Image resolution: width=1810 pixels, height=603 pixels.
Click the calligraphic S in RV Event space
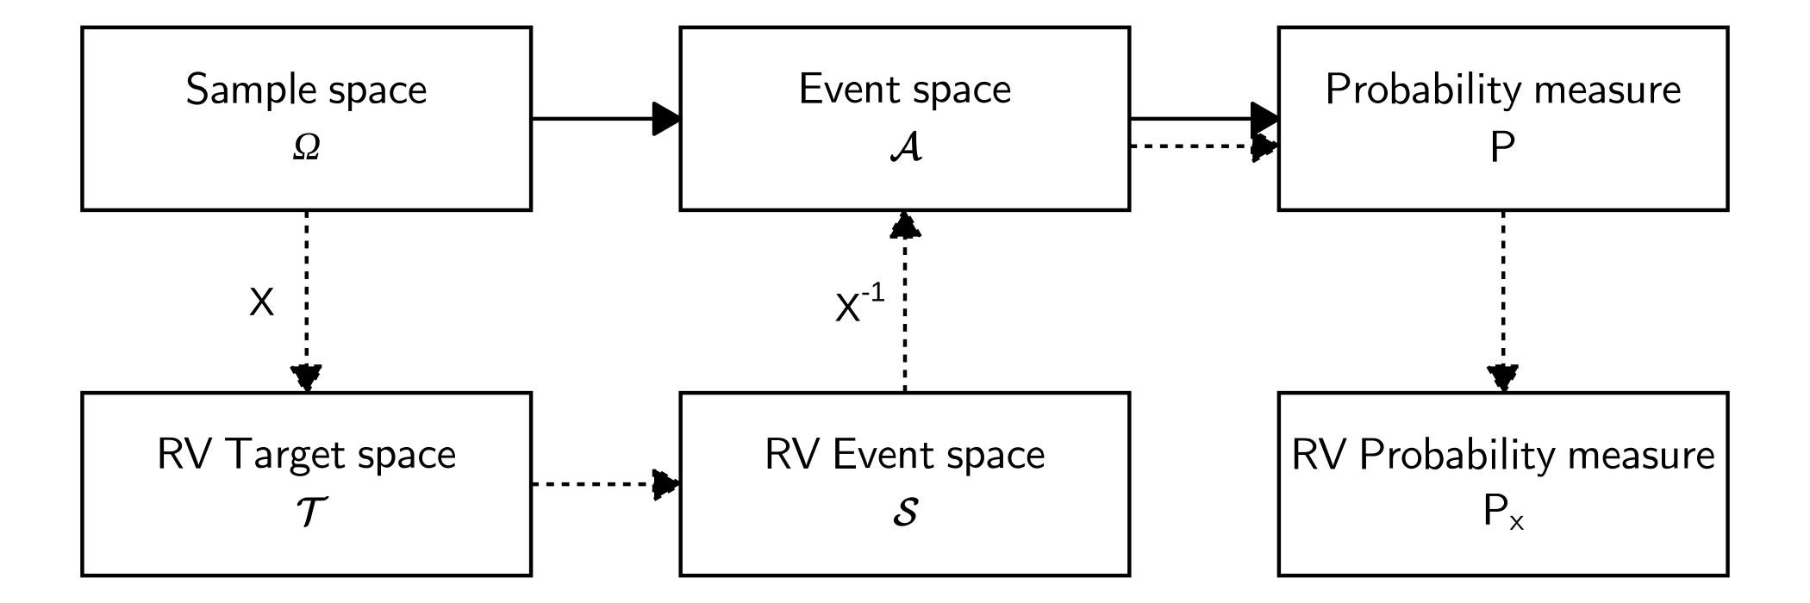[905, 513]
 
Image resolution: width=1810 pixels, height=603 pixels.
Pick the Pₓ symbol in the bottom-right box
[1503, 514]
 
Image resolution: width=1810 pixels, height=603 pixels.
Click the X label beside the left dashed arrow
[261, 303]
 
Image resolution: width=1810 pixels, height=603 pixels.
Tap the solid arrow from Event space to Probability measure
[1203, 119]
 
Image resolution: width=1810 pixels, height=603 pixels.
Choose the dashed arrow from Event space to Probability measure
[1203, 146]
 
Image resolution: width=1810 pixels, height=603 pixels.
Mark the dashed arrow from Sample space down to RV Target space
[307, 301]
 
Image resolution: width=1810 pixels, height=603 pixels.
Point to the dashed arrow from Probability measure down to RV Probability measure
[1503, 301]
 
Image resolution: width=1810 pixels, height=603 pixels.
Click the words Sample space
[306, 90]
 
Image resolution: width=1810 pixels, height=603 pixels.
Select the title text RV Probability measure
[1503, 455]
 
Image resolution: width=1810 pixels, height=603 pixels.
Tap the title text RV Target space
[306, 455]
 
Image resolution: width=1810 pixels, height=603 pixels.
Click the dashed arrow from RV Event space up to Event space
[905, 301]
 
